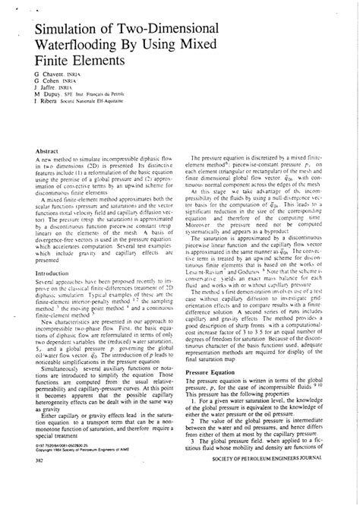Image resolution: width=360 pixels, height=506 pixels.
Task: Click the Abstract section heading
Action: pos(47,153)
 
